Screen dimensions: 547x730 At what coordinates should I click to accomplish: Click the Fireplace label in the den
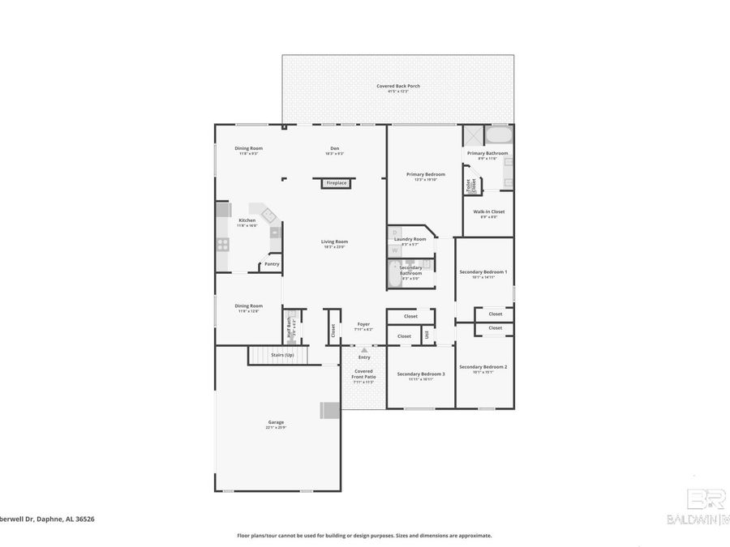click(336, 183)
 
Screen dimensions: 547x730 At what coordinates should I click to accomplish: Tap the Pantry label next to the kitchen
click(272, 263)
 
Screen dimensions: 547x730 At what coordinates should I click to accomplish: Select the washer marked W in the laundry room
click(395, 250)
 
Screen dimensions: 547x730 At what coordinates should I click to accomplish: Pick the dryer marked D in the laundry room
click(395, 233)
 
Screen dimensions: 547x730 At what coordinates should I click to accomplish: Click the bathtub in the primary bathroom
click(498, 135)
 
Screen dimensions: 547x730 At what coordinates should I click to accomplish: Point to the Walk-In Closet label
click(489, 212)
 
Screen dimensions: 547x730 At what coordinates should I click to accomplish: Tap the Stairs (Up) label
click(282, 355)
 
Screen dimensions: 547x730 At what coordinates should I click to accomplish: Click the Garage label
click(276, 422)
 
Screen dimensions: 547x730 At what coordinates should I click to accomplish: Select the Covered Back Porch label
click(397, 86)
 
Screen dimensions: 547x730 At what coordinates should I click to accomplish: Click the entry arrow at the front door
click(363, 350)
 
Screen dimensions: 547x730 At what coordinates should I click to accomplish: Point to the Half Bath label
click(289, 327)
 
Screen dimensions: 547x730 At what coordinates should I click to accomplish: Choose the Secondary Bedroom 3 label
click(420, 374)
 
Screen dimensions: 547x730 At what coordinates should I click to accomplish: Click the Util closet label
click(427, 335)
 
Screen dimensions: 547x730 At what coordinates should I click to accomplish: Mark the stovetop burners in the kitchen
click(222, 243)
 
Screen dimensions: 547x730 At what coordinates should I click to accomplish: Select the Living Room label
click(334, 241)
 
